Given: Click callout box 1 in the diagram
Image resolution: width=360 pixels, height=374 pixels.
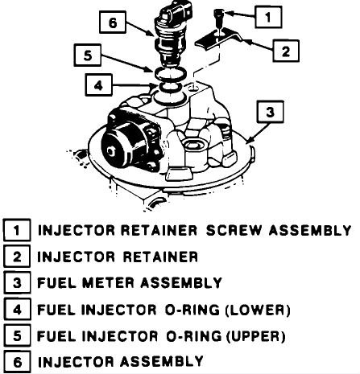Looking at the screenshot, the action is [x=268, y=17].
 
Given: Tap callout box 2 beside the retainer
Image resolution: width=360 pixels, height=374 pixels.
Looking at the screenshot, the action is [x=286, y=51].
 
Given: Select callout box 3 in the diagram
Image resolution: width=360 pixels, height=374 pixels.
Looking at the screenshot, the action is [x=270, y=112].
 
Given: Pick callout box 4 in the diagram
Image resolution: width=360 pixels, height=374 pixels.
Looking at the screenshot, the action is [x=98, y=85].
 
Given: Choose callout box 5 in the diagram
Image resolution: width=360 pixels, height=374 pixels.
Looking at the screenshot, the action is [x=88, y=55].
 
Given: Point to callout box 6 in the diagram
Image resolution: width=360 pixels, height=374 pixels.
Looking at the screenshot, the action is [x=113, y=23].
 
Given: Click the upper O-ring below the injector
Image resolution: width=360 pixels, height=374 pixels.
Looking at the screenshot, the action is [x=170, y=74].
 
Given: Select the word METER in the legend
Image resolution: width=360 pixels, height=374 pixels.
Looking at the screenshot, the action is [x=108, y=283].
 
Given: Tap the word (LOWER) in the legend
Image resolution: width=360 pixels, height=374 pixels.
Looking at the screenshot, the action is [x=258, y=310].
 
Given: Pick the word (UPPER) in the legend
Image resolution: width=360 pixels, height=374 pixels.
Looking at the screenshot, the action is [x=255, y=336].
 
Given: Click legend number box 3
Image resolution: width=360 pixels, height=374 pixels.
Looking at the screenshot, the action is [x=17, y=283].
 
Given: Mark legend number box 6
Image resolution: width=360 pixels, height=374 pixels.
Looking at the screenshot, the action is [x=17, y=362].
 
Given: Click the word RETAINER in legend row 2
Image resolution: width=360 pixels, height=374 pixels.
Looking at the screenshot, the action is [x=160, y=257].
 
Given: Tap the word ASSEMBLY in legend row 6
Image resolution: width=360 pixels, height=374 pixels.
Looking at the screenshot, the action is [x=162, y=361].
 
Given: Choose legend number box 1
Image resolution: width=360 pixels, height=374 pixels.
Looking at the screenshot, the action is [x=17, y=230].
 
